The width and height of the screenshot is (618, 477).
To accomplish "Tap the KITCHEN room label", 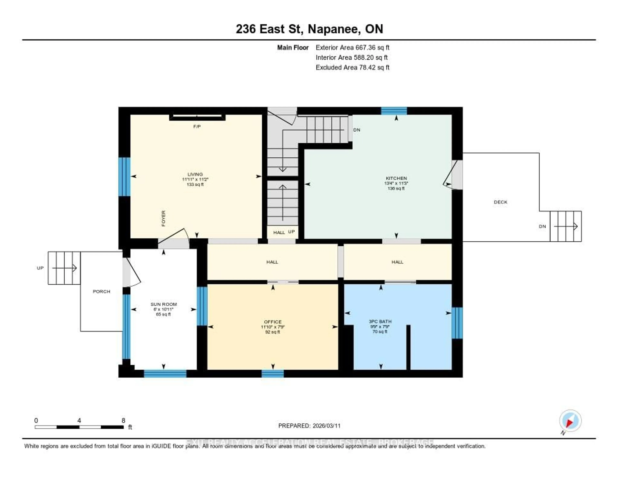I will [x=396, y=178].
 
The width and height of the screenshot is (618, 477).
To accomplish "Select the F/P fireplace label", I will [x=197, y=127].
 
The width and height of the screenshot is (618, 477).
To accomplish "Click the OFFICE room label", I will [x=272, y=322].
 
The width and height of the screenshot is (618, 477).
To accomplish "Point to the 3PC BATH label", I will [x=380, y=321].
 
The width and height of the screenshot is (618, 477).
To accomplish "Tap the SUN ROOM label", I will [x=164, y=304].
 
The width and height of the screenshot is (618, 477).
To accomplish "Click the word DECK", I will [x=500, y=202].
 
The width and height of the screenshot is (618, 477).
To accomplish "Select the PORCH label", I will [x=101, y=292].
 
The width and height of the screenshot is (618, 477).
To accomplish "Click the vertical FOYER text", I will [x=163, y=218].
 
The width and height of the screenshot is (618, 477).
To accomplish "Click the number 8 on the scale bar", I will [x=123, y=420].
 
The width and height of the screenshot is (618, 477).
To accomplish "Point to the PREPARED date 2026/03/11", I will [x=309, y=426].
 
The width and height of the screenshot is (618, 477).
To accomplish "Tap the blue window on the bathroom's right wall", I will [x=457, y=323].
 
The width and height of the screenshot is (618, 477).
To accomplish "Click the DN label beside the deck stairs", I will [x=542, y=226].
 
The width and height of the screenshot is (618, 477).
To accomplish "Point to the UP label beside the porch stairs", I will [x=40, y=268].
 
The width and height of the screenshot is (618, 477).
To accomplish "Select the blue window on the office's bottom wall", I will [x=272, y=374].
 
